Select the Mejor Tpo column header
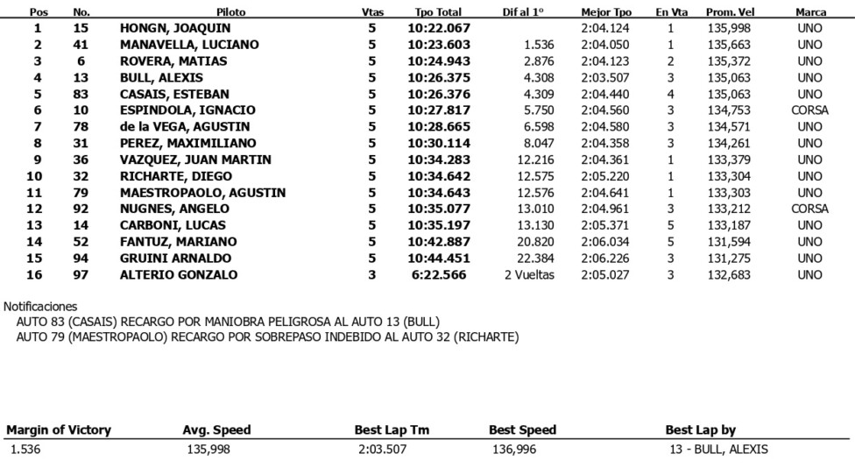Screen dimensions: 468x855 pyautogui.click(x=606, y=12)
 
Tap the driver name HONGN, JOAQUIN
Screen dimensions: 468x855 pyautogui.click(x=175, y=28)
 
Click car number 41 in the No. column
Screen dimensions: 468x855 pyautogui.click(x=81, y=45)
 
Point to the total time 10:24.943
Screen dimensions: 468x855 pyautogui.click(x=439, y=61)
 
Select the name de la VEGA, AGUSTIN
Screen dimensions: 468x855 pyautogui.click(x=186, y=127)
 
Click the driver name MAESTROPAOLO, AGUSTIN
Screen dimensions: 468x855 pyautogui.click(x=202, y=193)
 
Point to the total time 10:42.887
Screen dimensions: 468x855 pyautogui.click(x=439, y=242)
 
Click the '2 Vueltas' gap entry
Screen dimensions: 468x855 pyautogui.click(x=527, y=275)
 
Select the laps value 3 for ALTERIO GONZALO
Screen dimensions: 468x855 pyautogui.click(x=371, y=275)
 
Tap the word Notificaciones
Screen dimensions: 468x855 pyautogui.click(x=40, y=307)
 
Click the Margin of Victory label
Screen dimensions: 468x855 pyautogui.click(x=59, y=430)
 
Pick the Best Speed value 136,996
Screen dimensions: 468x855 pyautogui.click(x=515, y=450)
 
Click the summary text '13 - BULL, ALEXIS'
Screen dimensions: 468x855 pyautogui.click(x=717, y=450)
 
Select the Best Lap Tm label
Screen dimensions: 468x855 pyautogui.click(x=392, y=430)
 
